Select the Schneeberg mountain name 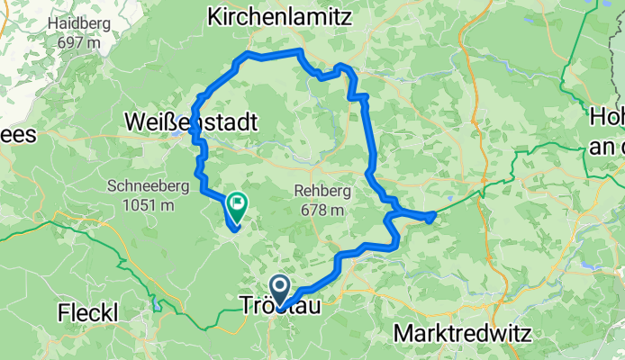(148, 187)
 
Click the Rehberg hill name (319, 191)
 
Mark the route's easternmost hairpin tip (433, 214)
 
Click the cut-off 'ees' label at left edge (16, 135)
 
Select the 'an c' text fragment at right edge (607, 144)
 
